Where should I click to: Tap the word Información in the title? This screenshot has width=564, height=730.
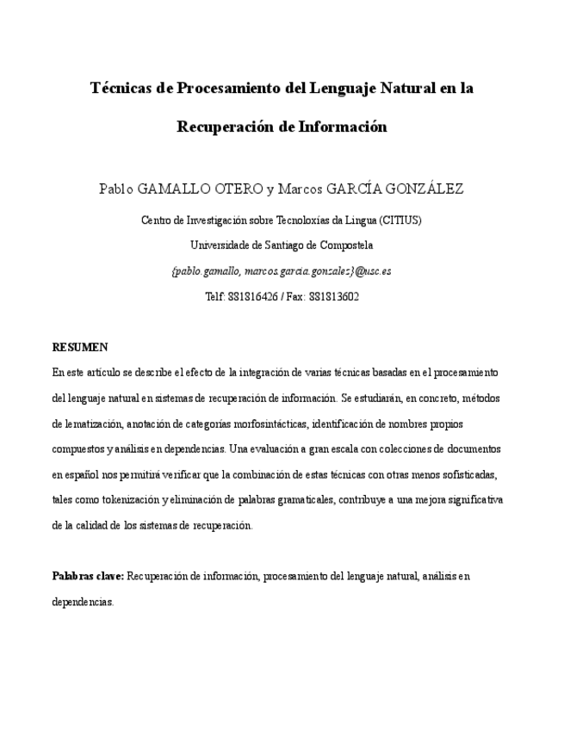click(x=343, y=127)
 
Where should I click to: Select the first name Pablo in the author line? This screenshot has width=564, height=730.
click(x=117, y=189)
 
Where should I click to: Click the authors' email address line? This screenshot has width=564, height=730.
click(x=282, y=270)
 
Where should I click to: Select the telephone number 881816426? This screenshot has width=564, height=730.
click(x=251, y=296)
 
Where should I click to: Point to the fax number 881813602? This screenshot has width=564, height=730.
click(x=334, y=296)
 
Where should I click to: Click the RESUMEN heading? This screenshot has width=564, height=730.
click(x=80, y=348)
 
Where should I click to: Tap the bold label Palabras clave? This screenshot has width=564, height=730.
click(x=89, y=575)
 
